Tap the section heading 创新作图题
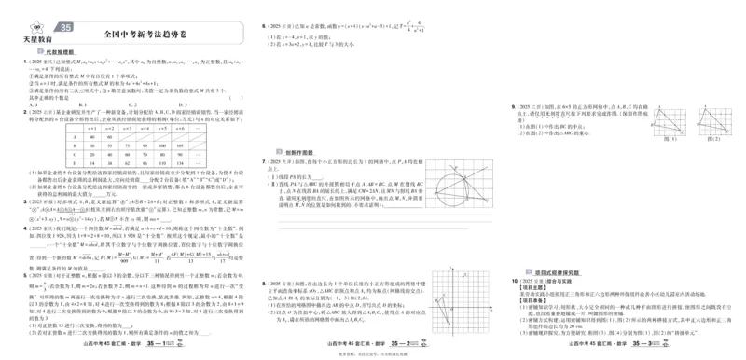297,151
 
